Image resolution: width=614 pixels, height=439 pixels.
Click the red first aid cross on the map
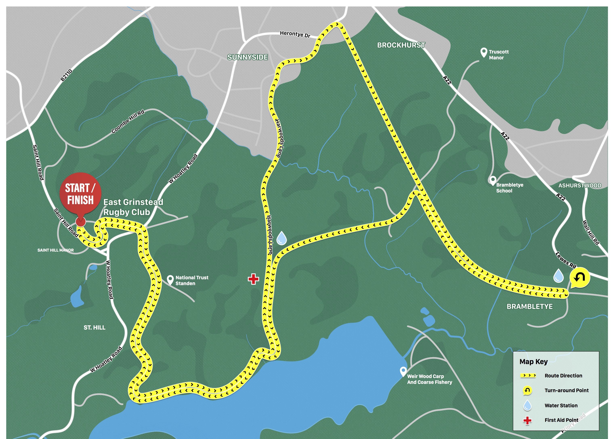(253, 279)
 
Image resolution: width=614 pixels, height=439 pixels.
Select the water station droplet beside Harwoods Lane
(282, 238)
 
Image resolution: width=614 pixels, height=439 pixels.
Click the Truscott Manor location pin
(484, 53)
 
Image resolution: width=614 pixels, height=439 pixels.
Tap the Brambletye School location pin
(493, 180)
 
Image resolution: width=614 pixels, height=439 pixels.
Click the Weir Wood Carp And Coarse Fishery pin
(403, 371)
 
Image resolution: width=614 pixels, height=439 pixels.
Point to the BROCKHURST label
(401, 45)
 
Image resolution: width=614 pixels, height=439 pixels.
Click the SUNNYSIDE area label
(248, 57)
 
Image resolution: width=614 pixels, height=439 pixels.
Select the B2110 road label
(66, 75)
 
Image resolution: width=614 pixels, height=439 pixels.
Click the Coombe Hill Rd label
(128, 121)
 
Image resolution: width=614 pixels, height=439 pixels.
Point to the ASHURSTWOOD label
(580, 185)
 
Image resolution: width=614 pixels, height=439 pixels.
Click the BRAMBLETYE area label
(529, 306)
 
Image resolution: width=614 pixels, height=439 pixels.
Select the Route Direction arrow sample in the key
(528, 375)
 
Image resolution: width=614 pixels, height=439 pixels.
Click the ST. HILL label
(94, 328)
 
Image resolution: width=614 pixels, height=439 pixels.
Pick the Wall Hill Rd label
(591, 232)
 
